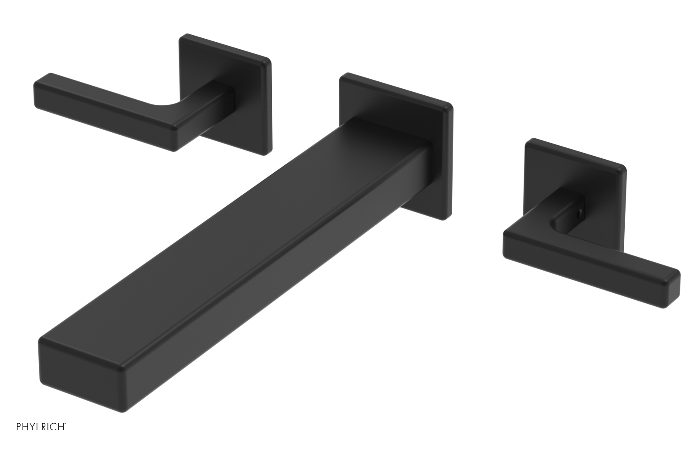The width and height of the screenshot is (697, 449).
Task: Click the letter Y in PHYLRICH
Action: pyautogui.click(x=34, y=438)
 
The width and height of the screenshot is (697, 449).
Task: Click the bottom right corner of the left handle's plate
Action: pyautogui.click(x=266, y=152)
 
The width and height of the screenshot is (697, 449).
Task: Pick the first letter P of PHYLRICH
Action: pyautogui.click(x=19, y=438)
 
